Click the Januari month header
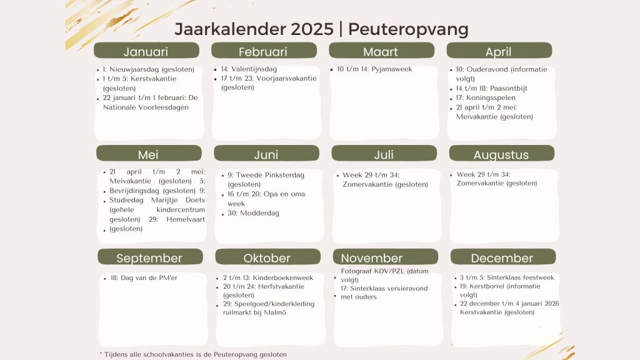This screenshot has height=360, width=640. click(146, 51)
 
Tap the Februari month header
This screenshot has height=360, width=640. click(264, 51)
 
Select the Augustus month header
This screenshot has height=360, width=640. click(502, 154)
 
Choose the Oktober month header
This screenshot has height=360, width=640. click(267, 257)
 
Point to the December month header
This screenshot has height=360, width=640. click(503, 257)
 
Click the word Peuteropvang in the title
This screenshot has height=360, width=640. click(408, 29)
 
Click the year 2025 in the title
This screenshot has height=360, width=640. click(312, 29)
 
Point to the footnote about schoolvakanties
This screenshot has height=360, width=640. click(193, 354)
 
